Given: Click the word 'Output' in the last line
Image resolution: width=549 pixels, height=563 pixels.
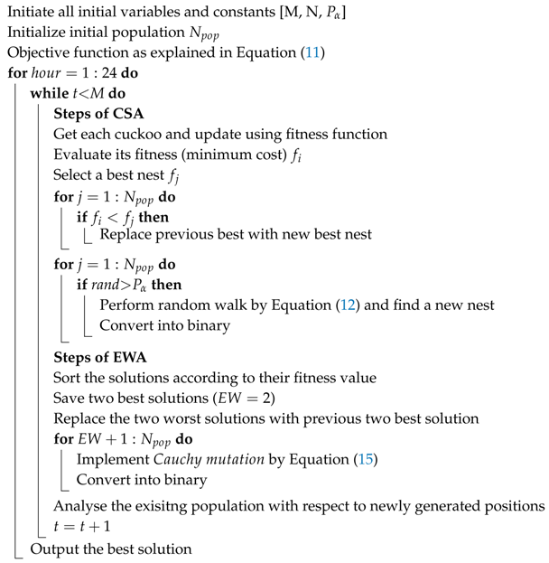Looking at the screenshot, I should (53, 549).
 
